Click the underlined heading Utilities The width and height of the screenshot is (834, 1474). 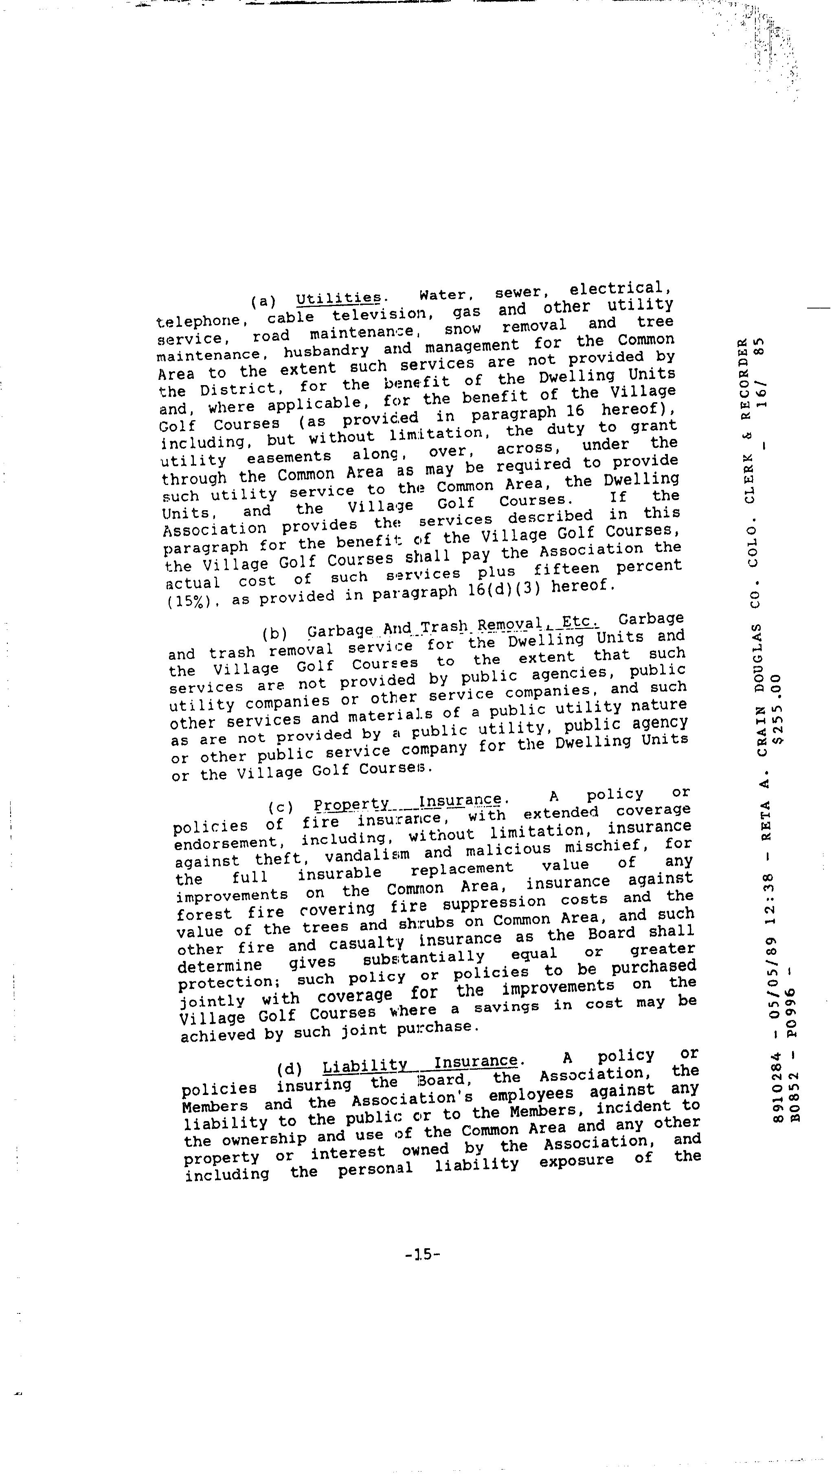point(338,298)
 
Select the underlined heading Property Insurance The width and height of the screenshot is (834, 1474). point(407,802)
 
